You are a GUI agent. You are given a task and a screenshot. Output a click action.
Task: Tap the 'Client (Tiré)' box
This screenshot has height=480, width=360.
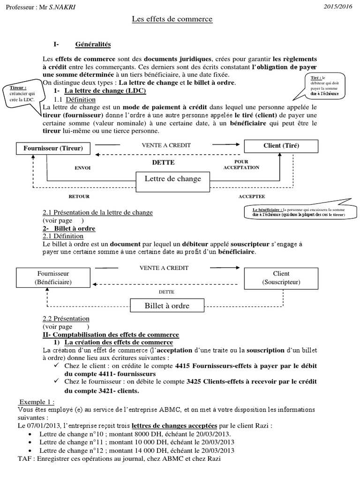click(281, 146)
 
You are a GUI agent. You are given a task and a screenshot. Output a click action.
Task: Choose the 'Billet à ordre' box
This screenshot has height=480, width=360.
click(166, 306)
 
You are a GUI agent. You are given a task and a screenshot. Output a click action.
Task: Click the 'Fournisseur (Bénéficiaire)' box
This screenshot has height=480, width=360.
click(53, 277)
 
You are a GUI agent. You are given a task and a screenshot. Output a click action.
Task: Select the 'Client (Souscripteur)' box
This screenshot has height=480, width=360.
click(281, 277)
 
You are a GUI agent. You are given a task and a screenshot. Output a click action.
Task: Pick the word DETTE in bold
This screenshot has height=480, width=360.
click(163, 162)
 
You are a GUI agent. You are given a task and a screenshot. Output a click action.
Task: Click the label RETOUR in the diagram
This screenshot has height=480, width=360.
click(79, 196)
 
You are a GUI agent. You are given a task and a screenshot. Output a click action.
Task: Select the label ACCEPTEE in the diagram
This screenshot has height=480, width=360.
click(251, 196)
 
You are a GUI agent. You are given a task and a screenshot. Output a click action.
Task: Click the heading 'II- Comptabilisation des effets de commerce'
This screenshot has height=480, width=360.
click(111, 335)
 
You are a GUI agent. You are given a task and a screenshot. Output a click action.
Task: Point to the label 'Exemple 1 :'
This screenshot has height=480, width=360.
click(37, 402)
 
